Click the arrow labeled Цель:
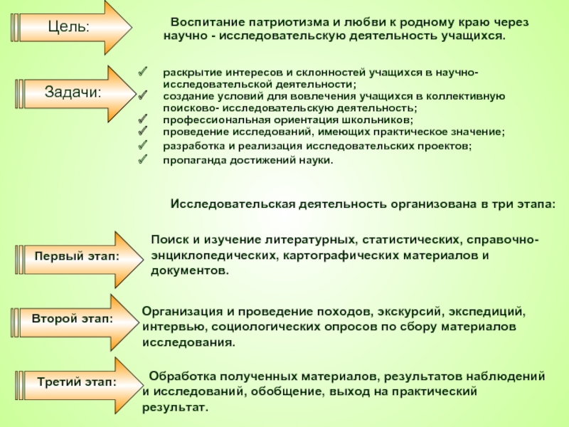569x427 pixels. coord(71,27)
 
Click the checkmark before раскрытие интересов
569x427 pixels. coord(142,73)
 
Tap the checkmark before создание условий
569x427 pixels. coord(142,95)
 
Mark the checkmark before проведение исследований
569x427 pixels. coord(142,132)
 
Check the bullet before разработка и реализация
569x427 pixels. coord(142,146)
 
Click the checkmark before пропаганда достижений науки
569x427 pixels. coord(142,159)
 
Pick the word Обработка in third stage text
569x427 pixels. coord(180,375)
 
